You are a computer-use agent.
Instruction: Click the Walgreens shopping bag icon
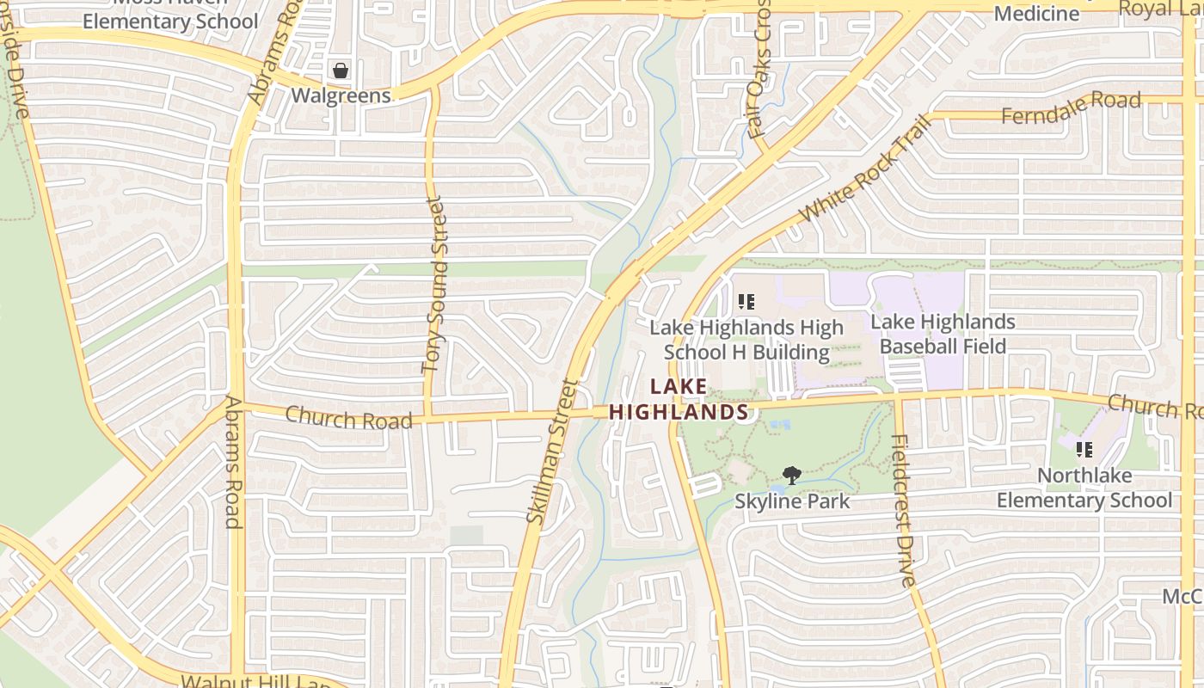coord(341,71)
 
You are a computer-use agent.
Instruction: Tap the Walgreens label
coord(341,95)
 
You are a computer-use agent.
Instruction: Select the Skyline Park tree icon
coord(791,476)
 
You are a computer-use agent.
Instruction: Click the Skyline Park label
coord(791,501)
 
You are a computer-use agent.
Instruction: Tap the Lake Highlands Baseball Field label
coord(943,334)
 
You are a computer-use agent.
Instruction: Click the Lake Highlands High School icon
coord(746,302)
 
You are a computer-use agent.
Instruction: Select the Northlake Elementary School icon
coord(1084,449)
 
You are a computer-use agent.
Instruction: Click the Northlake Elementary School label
coord(1084,488)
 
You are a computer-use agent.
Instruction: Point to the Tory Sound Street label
coord(434,285)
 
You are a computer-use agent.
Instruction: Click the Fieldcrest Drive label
coord(902,511)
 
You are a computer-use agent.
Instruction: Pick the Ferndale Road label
coord(1072,107)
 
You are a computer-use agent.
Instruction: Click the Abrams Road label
coord(233,462)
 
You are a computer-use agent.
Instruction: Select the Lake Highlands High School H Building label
coord(746,340)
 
